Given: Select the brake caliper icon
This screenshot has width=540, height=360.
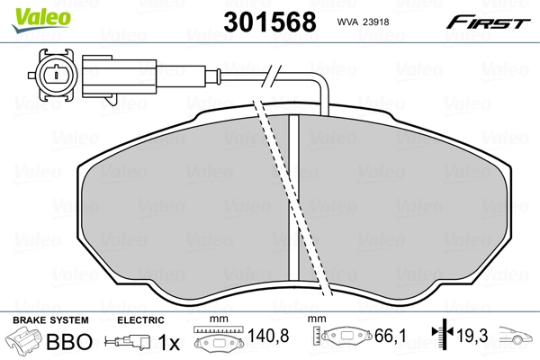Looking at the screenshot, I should (23, 342).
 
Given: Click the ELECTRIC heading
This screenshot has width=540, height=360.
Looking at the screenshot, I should (140, 320).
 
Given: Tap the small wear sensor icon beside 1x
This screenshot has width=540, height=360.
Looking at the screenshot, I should (130, 343).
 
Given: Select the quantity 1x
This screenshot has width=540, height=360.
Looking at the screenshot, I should (168, 343).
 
